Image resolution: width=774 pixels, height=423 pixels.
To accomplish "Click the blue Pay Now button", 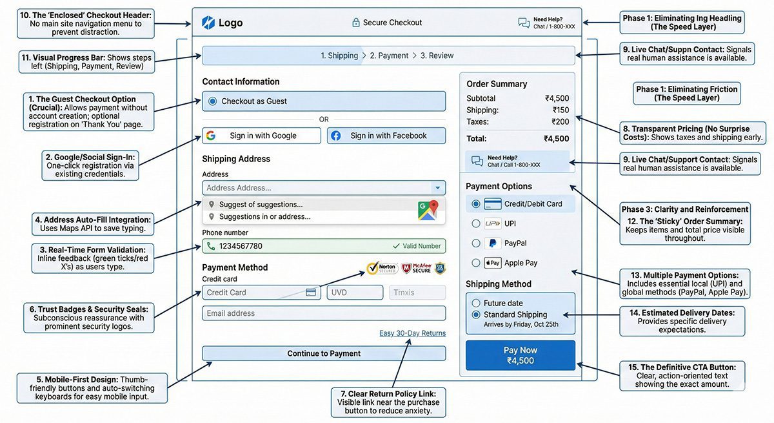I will pyautogui.click(x=520, y=355).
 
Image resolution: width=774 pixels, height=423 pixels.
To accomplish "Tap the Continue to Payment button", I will pyautogui.click(x=324, y=353).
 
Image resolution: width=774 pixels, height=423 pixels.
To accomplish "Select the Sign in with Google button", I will pyautogui.click(x=261, y=136).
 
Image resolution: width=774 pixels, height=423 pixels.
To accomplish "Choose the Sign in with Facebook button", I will pyautogui.click(x=386, y=136).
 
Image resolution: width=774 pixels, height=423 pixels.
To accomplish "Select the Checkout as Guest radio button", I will pyautogui.click(x=213, y=101).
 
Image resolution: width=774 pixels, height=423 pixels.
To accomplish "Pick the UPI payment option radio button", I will pyautogui.click(x=476, y=223).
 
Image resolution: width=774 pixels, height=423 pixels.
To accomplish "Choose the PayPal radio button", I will pyautogui.click(x=476, y=243).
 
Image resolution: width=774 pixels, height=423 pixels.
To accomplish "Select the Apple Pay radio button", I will pyautogui.click(x=476, y=263).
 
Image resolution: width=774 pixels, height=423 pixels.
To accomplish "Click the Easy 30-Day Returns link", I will pyautogui.click(x=412, y=333).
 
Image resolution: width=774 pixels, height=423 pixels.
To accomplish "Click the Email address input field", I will pyautogui.click(x=324, y=313).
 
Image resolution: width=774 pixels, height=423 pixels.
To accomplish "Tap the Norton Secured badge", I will pyautogui.click(x=381, y=268).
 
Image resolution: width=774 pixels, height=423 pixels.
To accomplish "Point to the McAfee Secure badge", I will pyautogui.click(x=415, y=268).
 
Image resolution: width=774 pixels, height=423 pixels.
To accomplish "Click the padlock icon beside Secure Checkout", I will pyautogui.click(x=355, y=23).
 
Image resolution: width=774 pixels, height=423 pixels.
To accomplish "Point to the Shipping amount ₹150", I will pyautogui.click(x=561, y=110).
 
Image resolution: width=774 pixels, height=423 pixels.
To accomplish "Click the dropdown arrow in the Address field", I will pyautogui.click(x=437, y=188).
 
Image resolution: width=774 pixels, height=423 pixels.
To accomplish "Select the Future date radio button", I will pyautogui.click(x=476, y=303).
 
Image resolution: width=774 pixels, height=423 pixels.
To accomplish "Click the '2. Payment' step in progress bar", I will pyautogui.click(x=389, y=56).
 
